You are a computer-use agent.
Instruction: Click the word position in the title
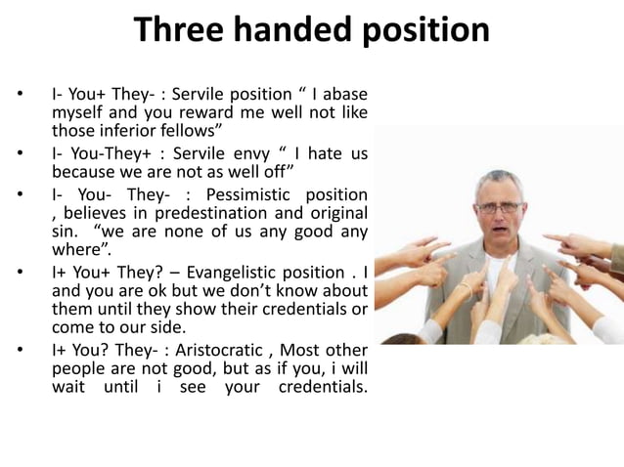[x=427, y=31]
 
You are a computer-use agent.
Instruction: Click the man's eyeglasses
[x=499, y=207]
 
